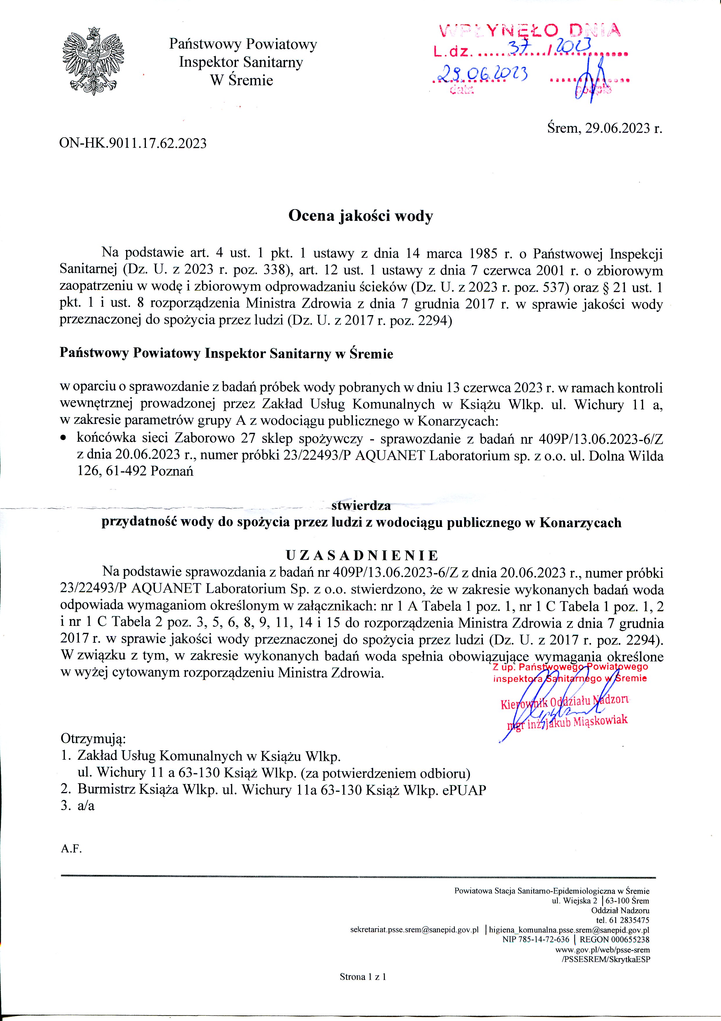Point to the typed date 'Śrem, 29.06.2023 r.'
[604, 129]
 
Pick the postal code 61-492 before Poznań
[127, 471]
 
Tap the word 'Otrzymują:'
[93, 739]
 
